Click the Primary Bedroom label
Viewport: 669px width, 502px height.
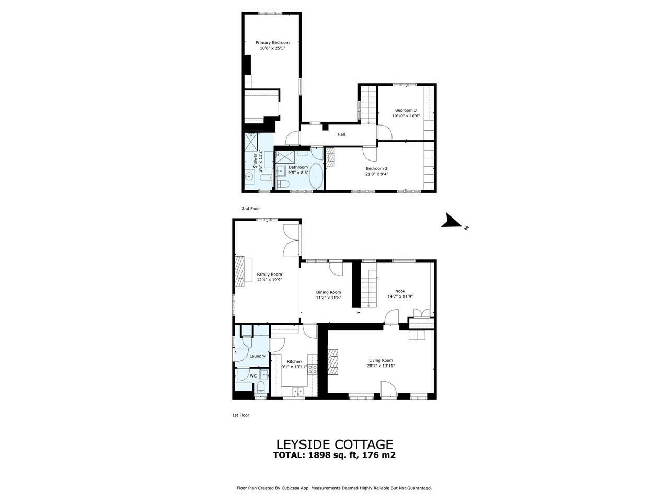click(272, 43)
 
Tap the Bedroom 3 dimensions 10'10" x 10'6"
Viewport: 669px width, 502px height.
click(406, 116)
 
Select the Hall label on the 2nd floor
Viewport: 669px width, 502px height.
click(341, 134)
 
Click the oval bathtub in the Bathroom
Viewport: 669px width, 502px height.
click(316, 177)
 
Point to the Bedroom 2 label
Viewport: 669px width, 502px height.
click(377, 168)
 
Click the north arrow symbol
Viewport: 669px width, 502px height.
click(452, 220)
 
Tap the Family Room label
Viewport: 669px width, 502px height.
click(269, 275)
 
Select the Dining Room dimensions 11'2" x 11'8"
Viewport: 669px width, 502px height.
click(328, 298)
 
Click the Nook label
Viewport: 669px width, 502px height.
click(400, 291)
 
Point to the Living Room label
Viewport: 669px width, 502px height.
click(380, 360)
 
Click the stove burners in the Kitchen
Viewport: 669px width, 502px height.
click(312, 369)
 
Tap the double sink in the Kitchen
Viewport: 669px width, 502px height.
click(297, 391)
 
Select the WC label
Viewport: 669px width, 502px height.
click(253, 376)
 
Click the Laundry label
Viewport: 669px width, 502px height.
click(257, 356)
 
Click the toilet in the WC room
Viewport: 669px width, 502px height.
click(261, 387)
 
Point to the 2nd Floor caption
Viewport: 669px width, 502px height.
click(251, 209)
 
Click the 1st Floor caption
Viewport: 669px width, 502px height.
click(241, 415)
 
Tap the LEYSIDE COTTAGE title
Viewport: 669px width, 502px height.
click(334, 444)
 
